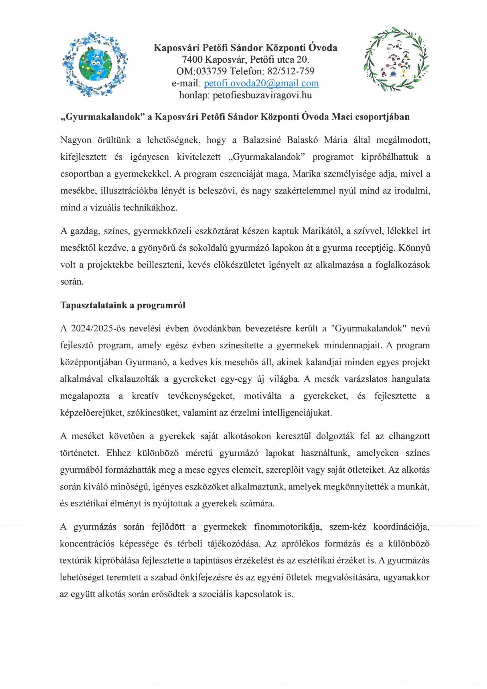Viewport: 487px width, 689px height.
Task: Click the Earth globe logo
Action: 95,64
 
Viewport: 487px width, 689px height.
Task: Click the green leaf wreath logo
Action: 396,59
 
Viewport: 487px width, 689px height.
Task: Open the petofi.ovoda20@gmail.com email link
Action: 261,83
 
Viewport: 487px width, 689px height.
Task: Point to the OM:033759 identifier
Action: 201,71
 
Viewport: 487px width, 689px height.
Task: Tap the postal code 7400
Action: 192,60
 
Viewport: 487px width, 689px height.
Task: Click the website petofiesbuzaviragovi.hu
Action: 262,95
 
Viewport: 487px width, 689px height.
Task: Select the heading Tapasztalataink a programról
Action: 123,305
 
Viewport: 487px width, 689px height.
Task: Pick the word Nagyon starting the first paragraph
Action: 76,140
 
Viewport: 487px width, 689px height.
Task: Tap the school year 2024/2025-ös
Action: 97,328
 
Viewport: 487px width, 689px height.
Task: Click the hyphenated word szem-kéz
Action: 348,527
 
